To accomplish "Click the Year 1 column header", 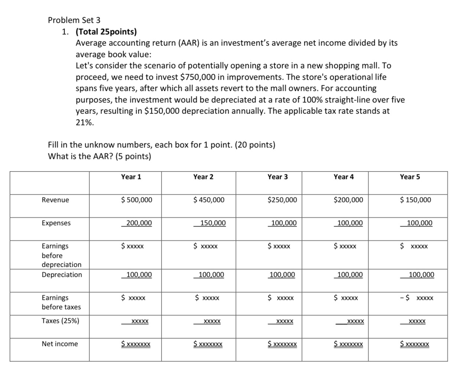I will pyautogui.click(x=131, y=177).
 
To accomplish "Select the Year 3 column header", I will pyautogui.click(x=277, y=177).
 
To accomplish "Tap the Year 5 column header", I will pyautogui.click(x=410, y=177).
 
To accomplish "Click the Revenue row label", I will pyautogui.click(x=55, y=200).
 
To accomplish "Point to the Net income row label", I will pyautogui.click(x=60, y=344).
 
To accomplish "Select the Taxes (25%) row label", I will pyautogui.click(x=60, y=321).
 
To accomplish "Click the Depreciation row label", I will pyautogui.click(x=62, y=275).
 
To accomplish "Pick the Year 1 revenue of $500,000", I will pyautogui.click(x=136, y=200).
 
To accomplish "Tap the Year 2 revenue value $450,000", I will pyautogui.click(x=209, y=200).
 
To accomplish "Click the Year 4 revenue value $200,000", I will pyautogui.click(x=348, y=200).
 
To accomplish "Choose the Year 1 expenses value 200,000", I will pyautogui.click(x=139, y=223).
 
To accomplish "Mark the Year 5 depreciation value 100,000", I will pyautogui.click(x=421, y=275).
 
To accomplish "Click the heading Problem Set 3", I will pyautogui.click(x=74, y=20).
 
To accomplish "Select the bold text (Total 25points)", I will pyautogui.click(x=106, y=32).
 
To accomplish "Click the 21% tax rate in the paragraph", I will pyautogui.click(x=85, y=123).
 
